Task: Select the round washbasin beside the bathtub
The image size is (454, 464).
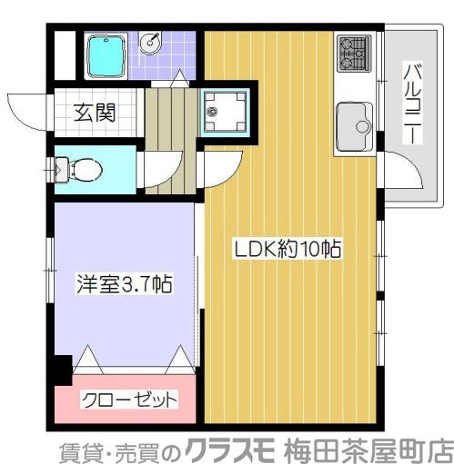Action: [x=153, y=43]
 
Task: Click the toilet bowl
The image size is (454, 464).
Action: [x=85, y=169]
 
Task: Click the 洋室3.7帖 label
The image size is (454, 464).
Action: [x=124, y=282]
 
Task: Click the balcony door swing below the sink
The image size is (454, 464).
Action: [x=399, y=173]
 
